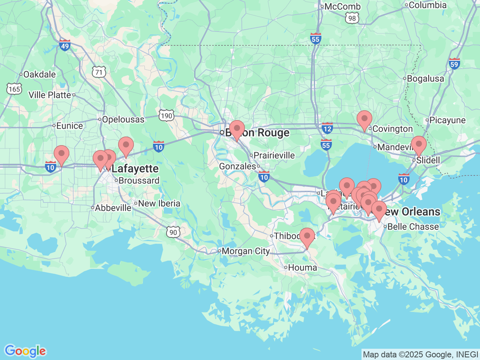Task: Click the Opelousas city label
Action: [x=123, y=120]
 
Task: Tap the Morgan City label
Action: [x=246, y=251]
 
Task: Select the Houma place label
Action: [x=302, y=268]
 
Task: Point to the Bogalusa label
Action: [x=425, y=79]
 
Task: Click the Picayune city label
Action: [x=447, y=120]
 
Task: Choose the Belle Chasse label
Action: [x=413, y=227]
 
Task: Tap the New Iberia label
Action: [x=159, y=204]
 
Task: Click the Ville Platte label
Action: [x=50, y=95]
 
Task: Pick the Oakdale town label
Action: [x=39, y=75]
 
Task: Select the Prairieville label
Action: [x=274, y=156]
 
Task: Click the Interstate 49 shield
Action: [x=65, y=45]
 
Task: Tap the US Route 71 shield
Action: [x=99, y=72]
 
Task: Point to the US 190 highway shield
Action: [x=166, y=115]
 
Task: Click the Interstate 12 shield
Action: [x=327, y=128]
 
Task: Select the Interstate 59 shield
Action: [x=454, y=64]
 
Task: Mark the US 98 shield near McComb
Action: [x=352, y=18]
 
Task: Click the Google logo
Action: [x=25, y=351]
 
